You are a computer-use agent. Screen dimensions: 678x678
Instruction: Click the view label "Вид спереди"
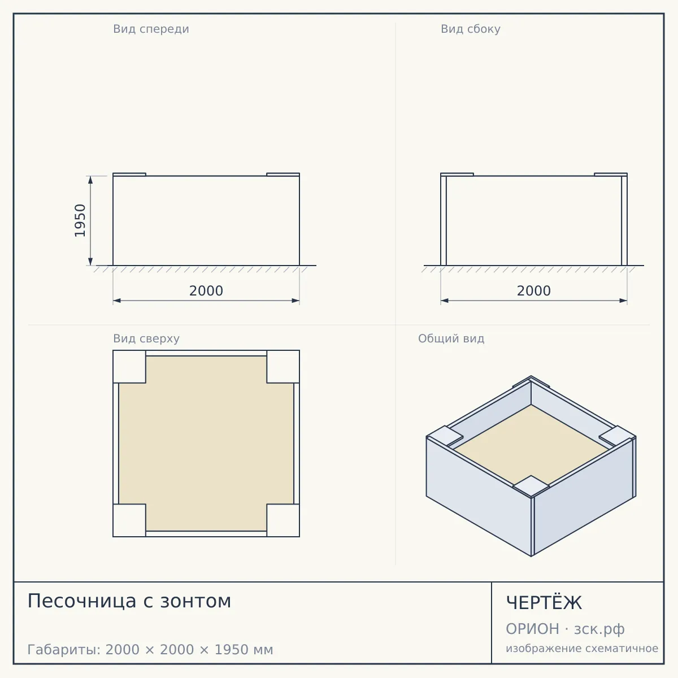pos(151,29)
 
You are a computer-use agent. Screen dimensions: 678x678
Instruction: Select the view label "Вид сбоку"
pos(471,29)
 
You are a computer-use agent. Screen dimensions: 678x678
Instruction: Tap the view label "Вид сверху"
pos(146,338)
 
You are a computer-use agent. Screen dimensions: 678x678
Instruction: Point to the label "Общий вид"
pos(451,338)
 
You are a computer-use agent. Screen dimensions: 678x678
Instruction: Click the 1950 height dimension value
pos(80,220)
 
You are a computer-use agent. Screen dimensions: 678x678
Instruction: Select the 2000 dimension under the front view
pos(206,291)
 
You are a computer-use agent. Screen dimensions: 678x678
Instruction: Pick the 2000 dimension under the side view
pos(534,291)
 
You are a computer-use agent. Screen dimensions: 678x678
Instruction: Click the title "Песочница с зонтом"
pos(129,601)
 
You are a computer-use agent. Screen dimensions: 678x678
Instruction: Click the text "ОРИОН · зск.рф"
pos(565,629)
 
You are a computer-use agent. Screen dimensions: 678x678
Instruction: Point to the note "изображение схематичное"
pos(582,648)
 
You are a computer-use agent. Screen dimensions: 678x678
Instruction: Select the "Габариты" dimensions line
pos(150,650)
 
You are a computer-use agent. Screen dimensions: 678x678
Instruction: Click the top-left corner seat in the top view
pos(129,367)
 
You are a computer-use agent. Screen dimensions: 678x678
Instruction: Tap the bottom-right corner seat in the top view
pos(283,520)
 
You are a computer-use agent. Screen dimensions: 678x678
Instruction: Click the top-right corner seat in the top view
pos(283,367)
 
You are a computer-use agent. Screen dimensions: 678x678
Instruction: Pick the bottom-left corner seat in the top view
pos(129,520)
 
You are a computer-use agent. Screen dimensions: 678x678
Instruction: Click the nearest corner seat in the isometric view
pos(531,486)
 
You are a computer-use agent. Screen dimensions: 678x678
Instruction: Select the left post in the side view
pos(444,220)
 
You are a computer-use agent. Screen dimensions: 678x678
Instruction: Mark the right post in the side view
pos(624,220)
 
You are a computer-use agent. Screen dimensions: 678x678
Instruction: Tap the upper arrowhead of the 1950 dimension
pos(90,180)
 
